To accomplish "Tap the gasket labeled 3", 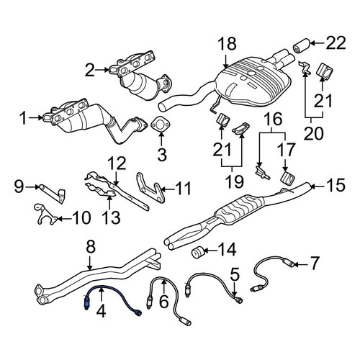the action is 161,125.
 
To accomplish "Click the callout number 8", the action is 91,247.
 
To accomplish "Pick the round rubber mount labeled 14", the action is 197,251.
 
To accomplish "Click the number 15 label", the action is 335,185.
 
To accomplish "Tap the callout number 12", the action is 117,163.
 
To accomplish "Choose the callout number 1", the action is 24,118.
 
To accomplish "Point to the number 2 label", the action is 90,70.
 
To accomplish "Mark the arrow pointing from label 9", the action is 31,186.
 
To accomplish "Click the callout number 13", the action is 111,217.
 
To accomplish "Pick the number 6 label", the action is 164,302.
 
